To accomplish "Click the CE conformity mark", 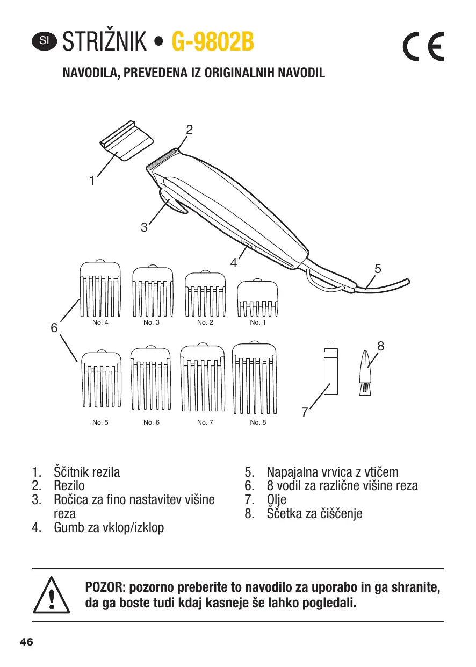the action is tap(423, 48).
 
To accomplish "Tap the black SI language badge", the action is tap(44, 41).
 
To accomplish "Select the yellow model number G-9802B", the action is tap(212, 42).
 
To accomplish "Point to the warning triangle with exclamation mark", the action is tap(52, 594).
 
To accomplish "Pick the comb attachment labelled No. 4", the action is tap(100, 290).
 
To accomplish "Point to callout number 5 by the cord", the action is tap(378, 268).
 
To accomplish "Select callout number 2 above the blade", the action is tap(189, 130).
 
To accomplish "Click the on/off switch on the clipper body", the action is tap(247, 246).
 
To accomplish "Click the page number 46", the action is tap(26, 642).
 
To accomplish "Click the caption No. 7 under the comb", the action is tap(205, 422).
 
